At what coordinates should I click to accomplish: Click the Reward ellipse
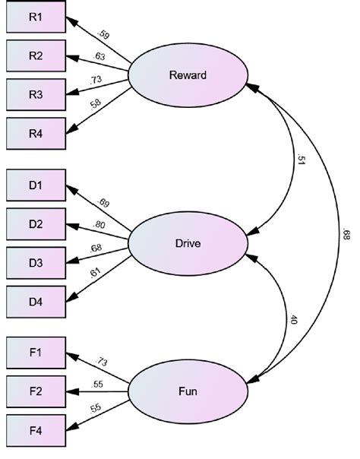tap(188, 75)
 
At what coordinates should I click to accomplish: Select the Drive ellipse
tap(188, 243)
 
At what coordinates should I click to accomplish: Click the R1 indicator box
tap(36, 17)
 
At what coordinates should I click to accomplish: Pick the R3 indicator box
tap(36, 93)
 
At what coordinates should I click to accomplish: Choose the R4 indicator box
tap(36, 132)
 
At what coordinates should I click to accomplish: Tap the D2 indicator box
tap(36, 225)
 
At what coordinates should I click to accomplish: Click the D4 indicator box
tap(36, 302)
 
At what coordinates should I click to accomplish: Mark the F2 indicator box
tap(36, 392)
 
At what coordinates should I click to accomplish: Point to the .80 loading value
tap(98, 226)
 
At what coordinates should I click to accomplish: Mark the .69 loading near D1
tap(104, 203)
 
